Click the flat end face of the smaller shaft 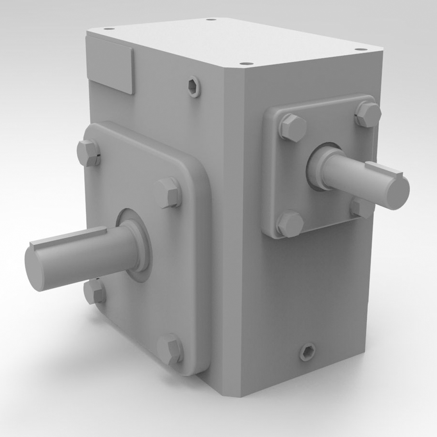[396, 193]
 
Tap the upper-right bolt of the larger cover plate [169, 192]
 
